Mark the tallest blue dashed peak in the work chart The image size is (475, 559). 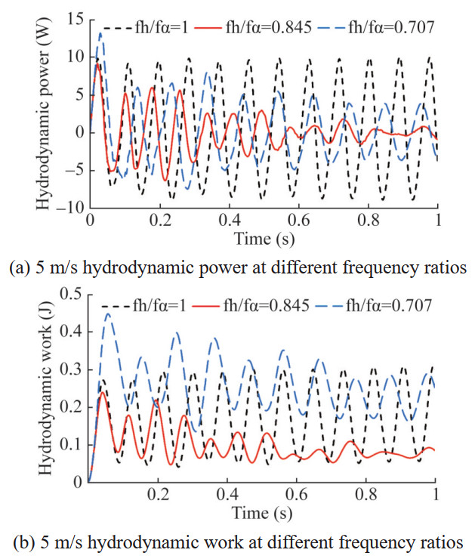click(109, 314)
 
